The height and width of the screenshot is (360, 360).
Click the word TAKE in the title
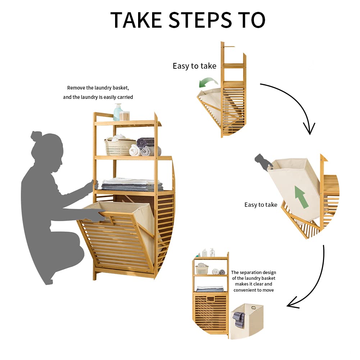(136, 20)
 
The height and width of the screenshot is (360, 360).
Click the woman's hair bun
(36, 136)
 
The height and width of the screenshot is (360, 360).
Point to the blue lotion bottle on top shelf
(117, 112)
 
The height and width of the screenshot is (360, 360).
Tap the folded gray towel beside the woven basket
(146, 143)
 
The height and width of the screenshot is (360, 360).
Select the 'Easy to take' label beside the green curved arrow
(194, 66)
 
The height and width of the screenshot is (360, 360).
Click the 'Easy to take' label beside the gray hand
(261, 205)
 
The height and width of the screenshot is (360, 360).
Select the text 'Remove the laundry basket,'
(98, 88)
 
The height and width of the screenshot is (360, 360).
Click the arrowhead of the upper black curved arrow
(309, 129)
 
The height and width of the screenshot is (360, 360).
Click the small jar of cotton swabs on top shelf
(124, 116)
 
